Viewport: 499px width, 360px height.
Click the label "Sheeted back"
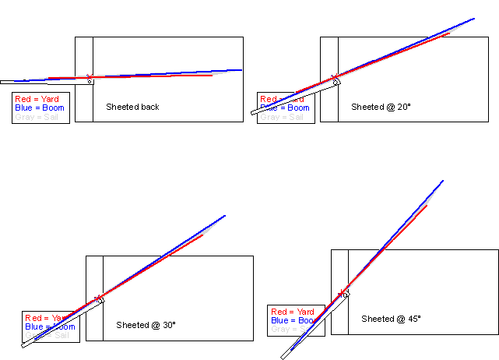coord(132,107)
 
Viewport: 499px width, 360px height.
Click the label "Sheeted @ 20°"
coord(380,107)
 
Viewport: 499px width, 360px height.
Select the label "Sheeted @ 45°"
coord(391,319)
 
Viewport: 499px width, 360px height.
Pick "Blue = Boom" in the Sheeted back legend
coord(40,108)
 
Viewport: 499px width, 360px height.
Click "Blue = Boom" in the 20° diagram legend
coord(286,108)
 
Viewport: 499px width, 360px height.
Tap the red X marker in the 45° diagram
coord(342,293)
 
